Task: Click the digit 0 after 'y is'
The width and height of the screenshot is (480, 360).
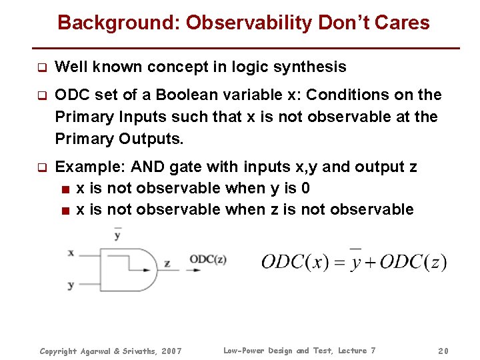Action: tap(305, 188)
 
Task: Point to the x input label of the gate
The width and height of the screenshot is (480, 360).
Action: tap(70, 253)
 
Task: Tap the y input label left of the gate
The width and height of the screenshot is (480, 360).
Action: tap(70, 285)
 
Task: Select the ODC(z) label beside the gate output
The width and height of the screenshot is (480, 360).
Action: tap(207, 259)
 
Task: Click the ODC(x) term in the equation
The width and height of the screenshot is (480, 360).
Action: tap(295, 262)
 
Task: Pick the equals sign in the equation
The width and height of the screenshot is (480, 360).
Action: tap(339, 263)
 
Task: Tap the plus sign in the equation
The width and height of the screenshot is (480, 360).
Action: tap(369, 263)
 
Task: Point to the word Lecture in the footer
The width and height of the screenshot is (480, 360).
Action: tap(352, 351)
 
